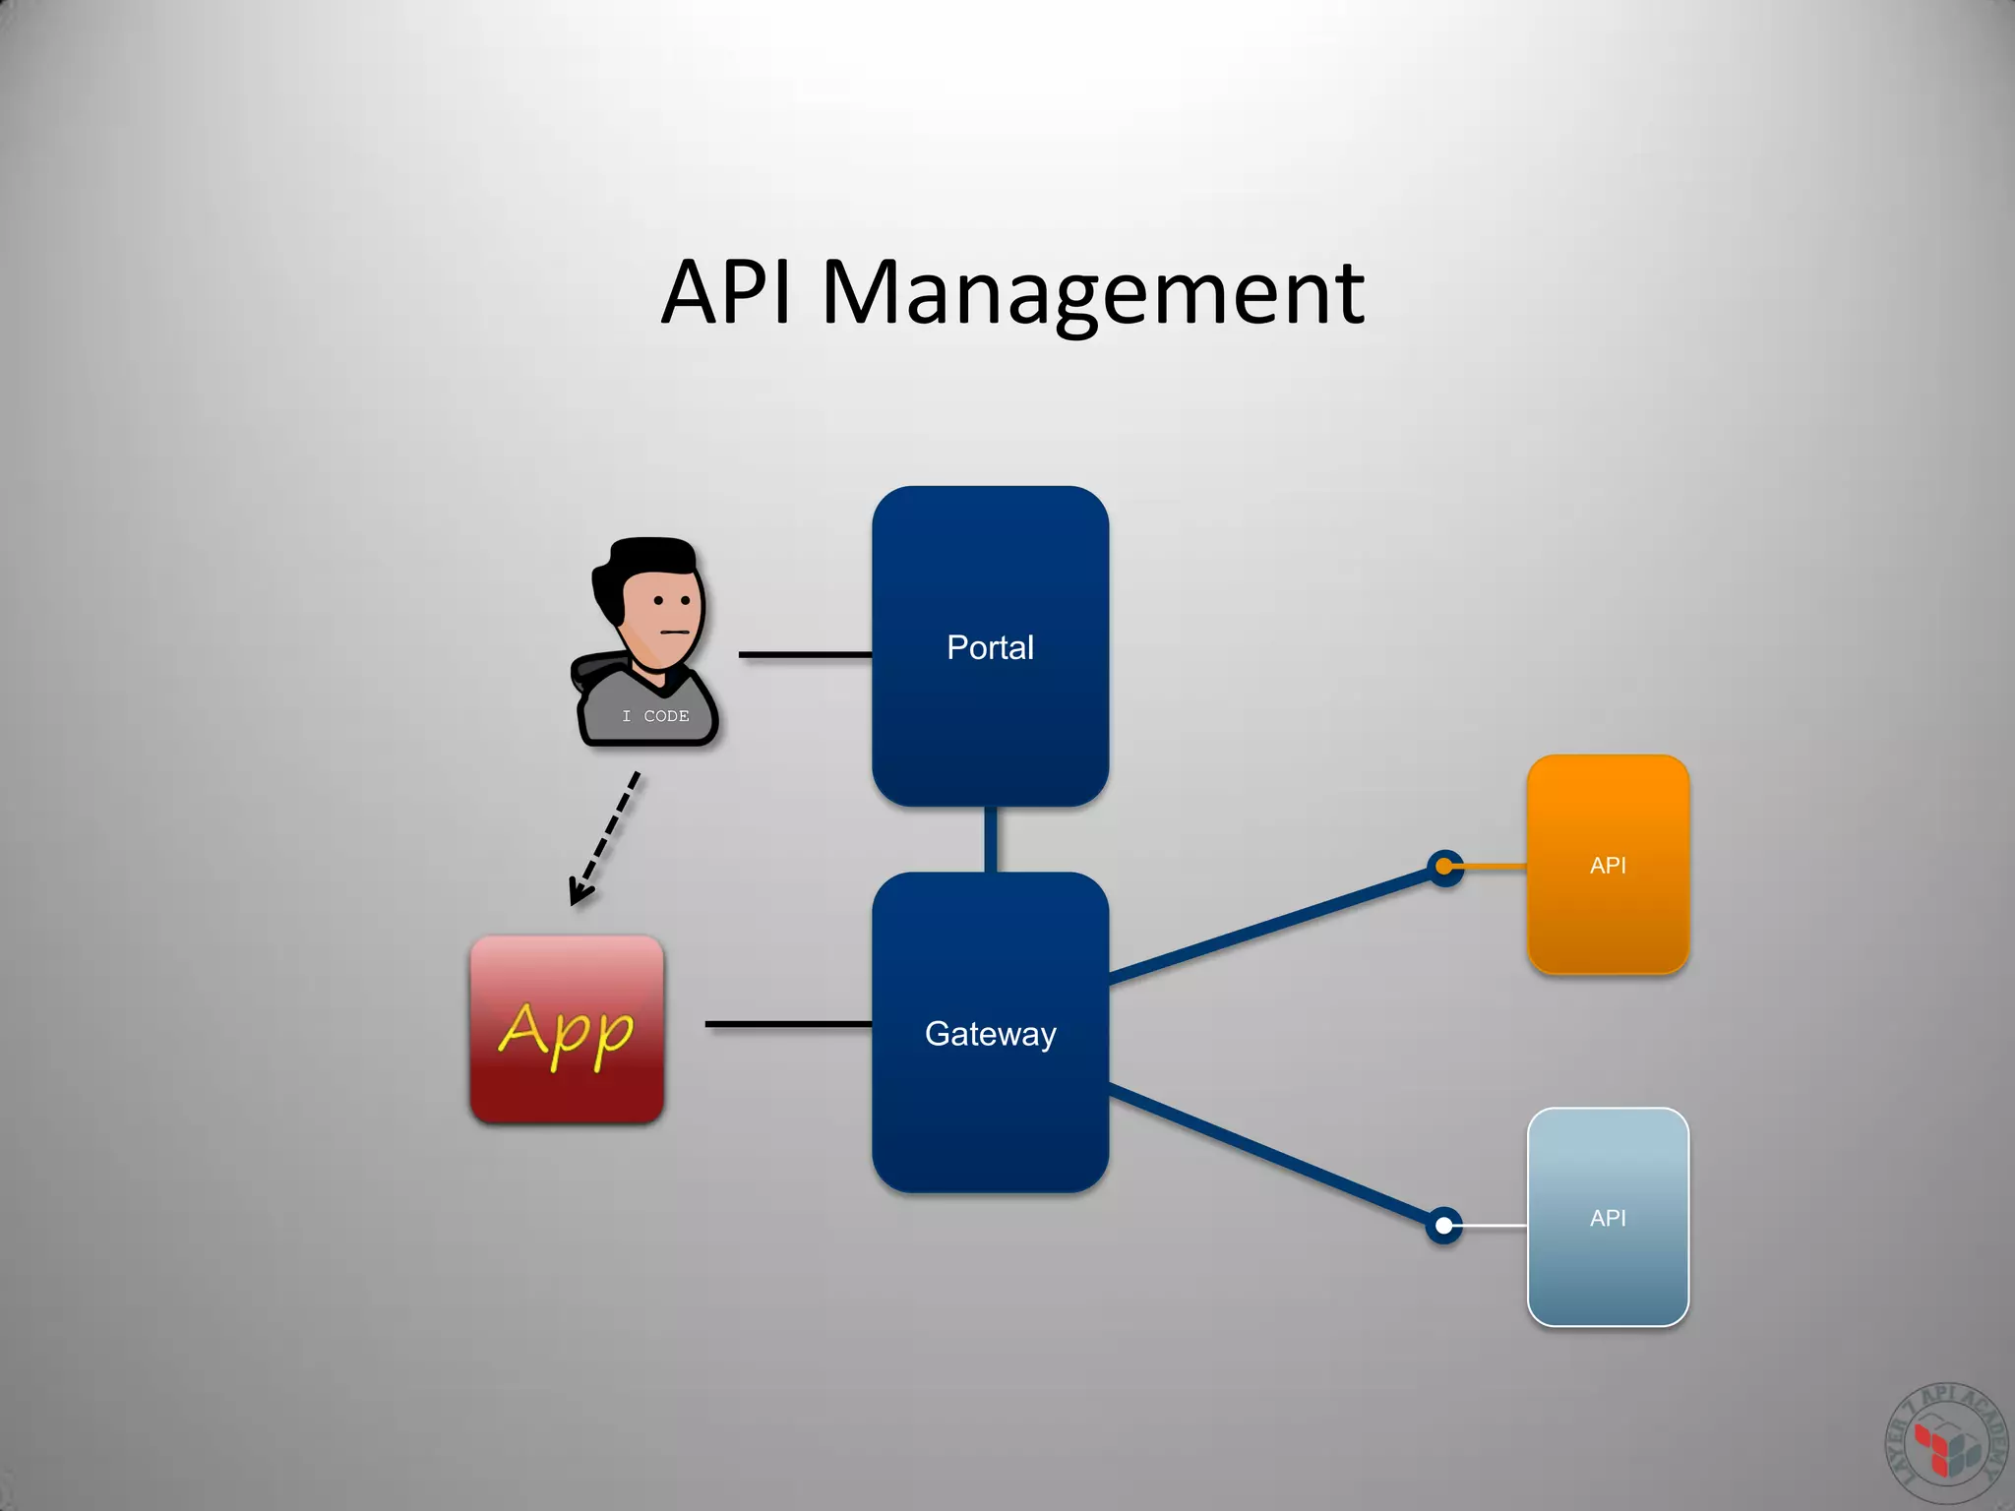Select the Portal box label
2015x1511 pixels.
point(990,647)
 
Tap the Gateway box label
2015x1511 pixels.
point(990,1034)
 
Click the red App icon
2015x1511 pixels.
point(567,1029)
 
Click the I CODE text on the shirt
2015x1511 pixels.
point(655,716)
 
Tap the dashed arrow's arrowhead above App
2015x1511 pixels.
point(580,893)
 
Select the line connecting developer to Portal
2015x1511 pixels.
point(804,654)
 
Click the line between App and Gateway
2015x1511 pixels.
point(787,1024)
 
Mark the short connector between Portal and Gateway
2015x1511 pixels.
point(990,839)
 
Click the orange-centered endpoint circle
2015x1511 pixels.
point(1444,867)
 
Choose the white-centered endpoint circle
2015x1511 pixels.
point(1443,1226)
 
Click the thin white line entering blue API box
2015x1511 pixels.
point(1494,1226)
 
